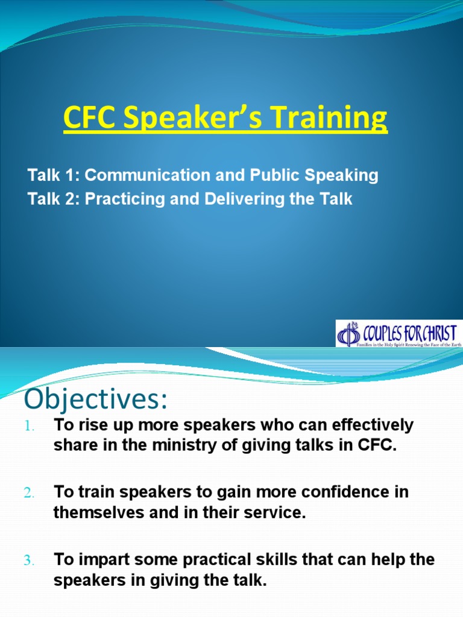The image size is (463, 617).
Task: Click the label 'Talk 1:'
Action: [x=54, y=175]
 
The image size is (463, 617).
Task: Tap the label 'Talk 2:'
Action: [x=54, y=199]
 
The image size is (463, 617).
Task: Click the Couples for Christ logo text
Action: [x=408, y=332]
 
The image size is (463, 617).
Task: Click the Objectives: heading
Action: [x=94, y=400]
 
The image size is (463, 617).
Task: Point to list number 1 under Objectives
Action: [x=31, y=426]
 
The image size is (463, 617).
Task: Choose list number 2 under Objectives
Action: [x=31, y=493]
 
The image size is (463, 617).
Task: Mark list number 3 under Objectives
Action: [x=31, y=561]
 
